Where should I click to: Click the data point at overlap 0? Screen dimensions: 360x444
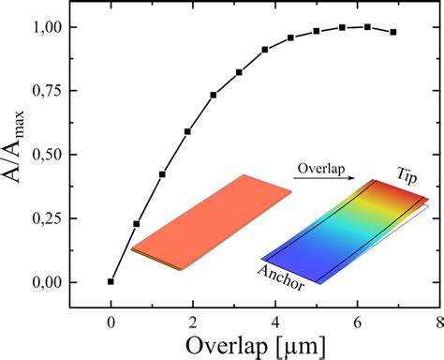[111, 281]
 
